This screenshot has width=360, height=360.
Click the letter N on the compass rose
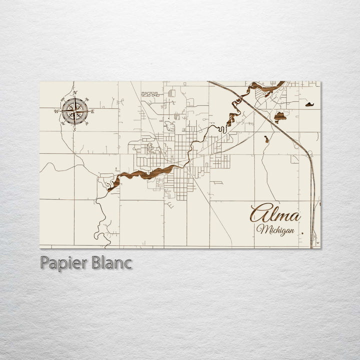coord(74,93)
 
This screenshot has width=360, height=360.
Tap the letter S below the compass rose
coord(74,129)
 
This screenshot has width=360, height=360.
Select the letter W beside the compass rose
coord(56,111)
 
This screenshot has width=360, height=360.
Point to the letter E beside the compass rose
coord(92,111)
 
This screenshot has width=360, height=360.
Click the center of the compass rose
coord(74,111)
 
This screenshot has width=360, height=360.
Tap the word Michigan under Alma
coord(274,230)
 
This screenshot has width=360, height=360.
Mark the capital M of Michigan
coord(262,229)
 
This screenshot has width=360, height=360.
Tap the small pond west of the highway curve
coord(266,139)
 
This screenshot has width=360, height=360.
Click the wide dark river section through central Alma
coord(150,174)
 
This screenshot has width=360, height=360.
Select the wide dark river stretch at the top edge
coord(265,89)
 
